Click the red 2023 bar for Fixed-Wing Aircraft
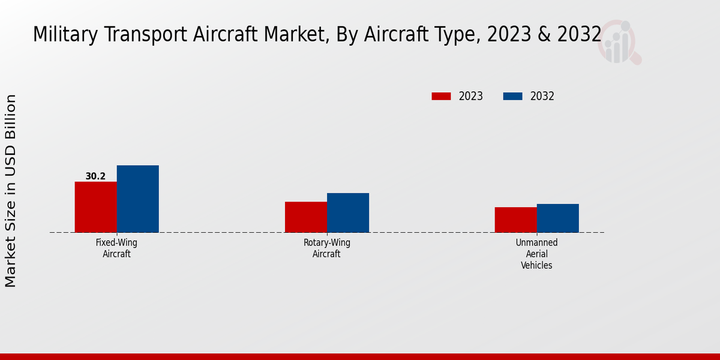(x=95, y=207)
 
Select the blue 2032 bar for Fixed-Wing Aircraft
(x=137, y=199)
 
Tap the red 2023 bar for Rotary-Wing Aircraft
(x=306, y=217)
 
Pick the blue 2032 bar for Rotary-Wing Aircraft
(x=348, y=212)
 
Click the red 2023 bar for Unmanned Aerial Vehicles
(x=515, y=220)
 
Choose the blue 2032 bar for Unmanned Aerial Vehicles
(x=557, y=218)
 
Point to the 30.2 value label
(x=95, y=176)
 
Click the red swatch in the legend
(x=441, y=96)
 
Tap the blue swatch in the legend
(x=512, y=96)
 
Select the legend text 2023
(x=471, y=96)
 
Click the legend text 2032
(x=542, y=96)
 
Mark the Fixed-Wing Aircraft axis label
(x=116, y=248)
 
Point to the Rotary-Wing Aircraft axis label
(x=326, y=248)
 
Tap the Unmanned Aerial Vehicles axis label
(x=536, y=254)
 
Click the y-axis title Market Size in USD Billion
(x=11, y=190)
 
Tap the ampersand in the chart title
(x=543, y=35)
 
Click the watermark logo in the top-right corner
(x=619, y=42)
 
